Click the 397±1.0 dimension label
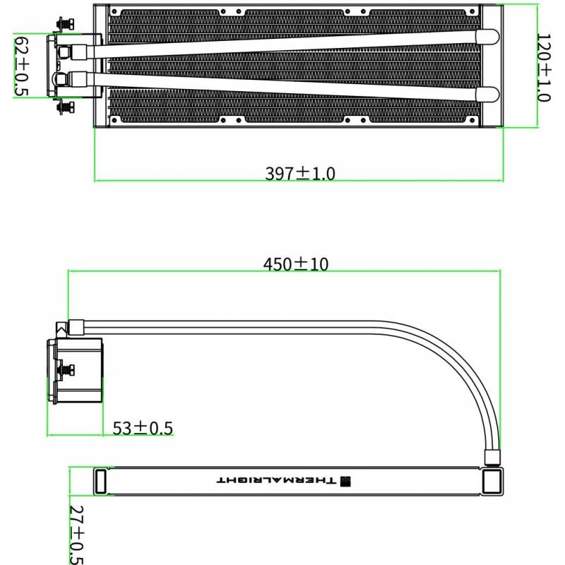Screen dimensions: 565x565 coord(300,173)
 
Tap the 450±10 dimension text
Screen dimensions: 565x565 coord(296,264)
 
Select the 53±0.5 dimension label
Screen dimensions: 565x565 coord(143,428)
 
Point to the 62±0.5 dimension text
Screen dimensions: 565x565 coord(21,66)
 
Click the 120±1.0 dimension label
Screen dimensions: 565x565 coord(544,68)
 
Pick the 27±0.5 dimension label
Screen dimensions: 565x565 coord(76,535)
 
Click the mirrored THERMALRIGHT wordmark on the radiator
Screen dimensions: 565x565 coord(276,480)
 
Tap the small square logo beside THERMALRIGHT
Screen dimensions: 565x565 coord(345,481)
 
